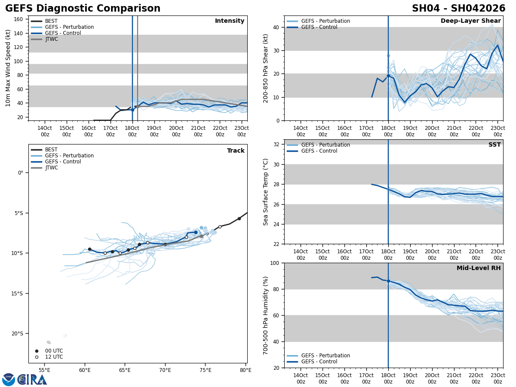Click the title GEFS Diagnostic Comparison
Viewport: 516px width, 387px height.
(83, 9)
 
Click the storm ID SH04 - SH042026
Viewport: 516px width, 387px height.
(458, 9)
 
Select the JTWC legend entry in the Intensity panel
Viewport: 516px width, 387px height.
(51, 39)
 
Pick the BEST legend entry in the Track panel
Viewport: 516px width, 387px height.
(51, 150)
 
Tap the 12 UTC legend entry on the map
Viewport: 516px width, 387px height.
(54, 357)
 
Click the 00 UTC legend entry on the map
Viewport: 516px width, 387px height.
(54, 351)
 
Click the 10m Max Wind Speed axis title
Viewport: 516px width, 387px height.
(8, 68)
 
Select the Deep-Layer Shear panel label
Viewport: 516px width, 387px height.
(470, 21)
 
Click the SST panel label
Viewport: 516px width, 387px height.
(494, 145)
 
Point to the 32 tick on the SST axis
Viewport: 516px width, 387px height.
(277, 144)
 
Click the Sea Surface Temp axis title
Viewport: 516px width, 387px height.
(266, 192)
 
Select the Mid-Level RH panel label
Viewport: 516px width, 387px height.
(478, 268)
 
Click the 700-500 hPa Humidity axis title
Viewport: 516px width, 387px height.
(266, 315)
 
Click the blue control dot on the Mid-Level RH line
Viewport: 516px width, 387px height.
(388, 281)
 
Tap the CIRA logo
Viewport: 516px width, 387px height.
(32, 380)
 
